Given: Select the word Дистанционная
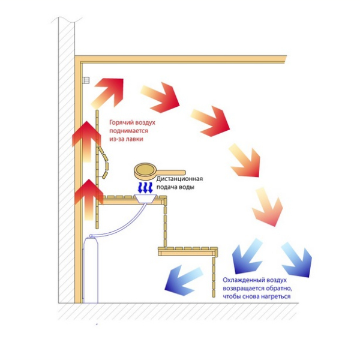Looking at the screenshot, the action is (180, 179).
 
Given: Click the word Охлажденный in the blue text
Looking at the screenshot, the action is (243, 280).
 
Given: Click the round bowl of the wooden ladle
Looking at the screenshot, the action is (145, 171).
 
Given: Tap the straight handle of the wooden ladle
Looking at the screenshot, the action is (171, 172).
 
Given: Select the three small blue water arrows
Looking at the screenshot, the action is (145, 188).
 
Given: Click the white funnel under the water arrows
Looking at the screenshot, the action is (146, 199).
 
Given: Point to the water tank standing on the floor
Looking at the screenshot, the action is (91, 271).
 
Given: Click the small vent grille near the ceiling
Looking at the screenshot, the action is (86, 80).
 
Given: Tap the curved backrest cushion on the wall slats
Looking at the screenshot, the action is (104, 163).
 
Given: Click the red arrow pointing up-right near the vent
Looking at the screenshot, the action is (108, 92).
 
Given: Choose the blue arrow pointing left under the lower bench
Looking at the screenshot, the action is (184, 281).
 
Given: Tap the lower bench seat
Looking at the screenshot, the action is (188, 251).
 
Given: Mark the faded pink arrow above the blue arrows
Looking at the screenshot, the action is (268, 206).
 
